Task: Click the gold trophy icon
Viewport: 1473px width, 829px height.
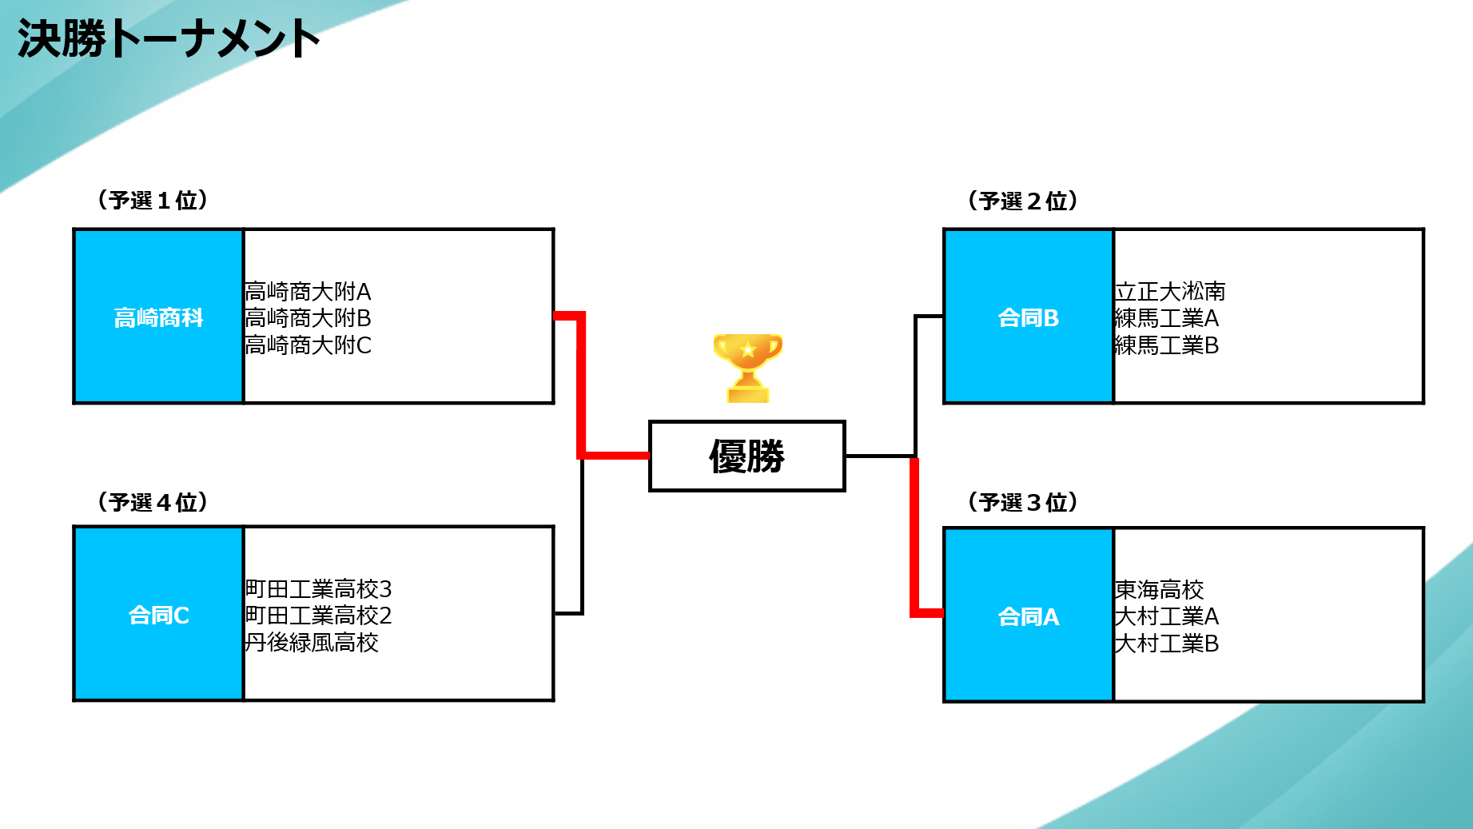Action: click(747, 367)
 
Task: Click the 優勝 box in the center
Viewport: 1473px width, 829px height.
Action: click(746, 456)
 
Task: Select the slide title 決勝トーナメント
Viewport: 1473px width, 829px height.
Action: click(169, 38)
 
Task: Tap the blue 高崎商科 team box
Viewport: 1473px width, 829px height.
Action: click(158, 317)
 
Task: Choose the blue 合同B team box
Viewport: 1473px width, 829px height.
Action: click(1028, 317)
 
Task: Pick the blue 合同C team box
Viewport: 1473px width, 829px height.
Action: click(158, 615)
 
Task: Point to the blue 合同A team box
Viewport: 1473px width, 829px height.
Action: click(1028, 616)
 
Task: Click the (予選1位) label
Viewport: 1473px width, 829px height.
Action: click(153, 200)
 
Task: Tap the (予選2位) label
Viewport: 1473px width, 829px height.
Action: click(1022, 201)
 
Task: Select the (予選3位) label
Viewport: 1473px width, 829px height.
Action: click(1022, 502)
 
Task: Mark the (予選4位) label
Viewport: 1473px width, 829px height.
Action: click(153, 502)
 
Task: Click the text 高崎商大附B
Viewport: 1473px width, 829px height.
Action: click(308, 318)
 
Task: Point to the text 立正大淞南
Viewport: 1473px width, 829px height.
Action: click(1169, 291)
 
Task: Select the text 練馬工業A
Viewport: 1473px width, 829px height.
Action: click(1166, 318)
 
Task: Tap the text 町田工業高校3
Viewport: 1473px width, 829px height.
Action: click(318, 589)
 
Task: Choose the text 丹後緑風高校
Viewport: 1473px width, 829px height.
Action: click(312, 643)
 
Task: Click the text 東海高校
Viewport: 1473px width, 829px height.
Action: click(1159, 590)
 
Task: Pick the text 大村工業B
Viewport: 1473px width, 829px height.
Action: click(1166, 644)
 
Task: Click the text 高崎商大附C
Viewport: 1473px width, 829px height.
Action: click(308, 345)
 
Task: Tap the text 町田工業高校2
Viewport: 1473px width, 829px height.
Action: click(318, 616)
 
